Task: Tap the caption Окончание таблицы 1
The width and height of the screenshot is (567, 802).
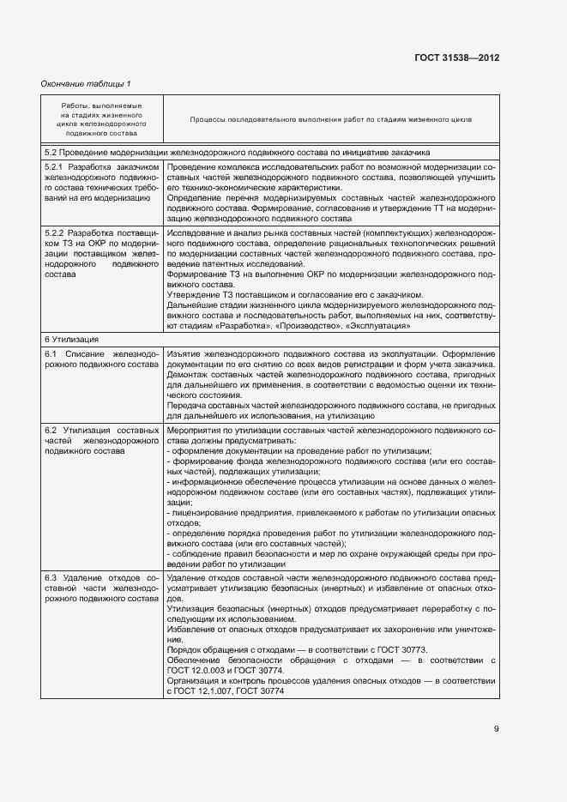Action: [87, 83]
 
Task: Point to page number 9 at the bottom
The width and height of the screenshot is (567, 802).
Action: [496, 729]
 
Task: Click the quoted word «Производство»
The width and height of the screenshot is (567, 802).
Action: [290, 326]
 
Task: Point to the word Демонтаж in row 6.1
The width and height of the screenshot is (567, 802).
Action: [189, 375]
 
